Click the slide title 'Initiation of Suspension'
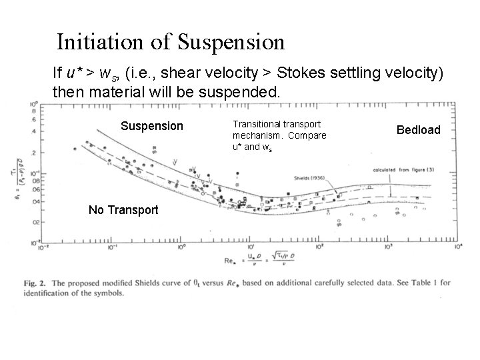(x=171, y=42)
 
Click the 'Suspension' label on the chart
(x=151, y=126)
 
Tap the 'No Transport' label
(x=123, y=210)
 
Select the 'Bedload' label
(x=419, y=129)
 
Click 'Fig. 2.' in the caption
(x=41, y=283)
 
